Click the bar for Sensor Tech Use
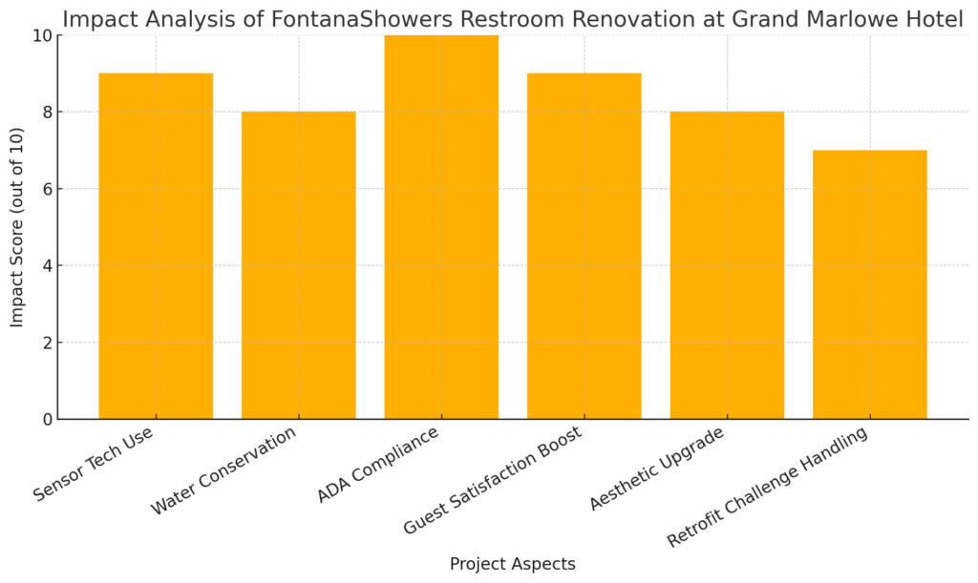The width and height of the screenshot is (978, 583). pyautogui.click(x=156, y=246)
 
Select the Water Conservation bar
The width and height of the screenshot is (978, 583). pyautogui.click(x=299, y=265)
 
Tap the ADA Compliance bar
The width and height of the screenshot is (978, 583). pyautogui.click(x=441, y=227)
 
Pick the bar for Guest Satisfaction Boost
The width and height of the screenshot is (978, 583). pyautogui.click(x=585, y=246)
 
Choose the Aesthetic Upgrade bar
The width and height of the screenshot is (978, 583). pyautogui.click(x=727, y=265)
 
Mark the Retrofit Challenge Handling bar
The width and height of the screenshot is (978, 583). pyautogui.click(x=870, y=284)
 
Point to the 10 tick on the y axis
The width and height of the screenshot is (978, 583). pyautogui.click(x=42, y=35)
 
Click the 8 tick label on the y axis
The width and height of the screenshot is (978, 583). pyautogui.click(x=48, y=113)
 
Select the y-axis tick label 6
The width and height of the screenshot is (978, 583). pyautogui.click(x=48, y=189)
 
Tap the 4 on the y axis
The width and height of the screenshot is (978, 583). pyautogui.click(x=48, y=266)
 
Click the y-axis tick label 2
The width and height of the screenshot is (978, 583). pyautogui.click(x=48, y=343)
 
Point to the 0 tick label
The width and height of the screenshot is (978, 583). pyautogui.click(x=48, y=420)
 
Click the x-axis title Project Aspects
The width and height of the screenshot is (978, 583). pyautogui.click(x=513, y=564)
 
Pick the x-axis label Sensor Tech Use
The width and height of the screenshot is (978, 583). pyautogui.click(x=93, y=464)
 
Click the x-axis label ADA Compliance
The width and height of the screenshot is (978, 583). pyautogui.click(x=378, y=465)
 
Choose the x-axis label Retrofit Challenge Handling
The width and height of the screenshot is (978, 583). pyautogui.click(x=768, y=487)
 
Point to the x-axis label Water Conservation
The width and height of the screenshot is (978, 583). pyautogui.click(x=223, y=471)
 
